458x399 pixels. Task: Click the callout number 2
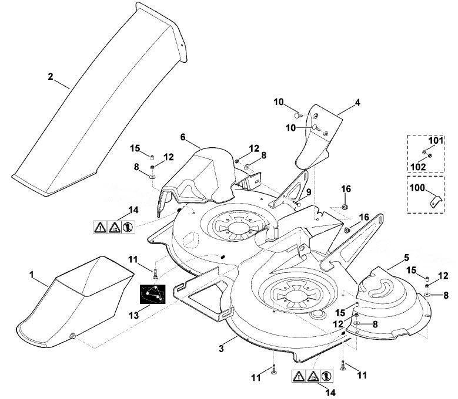click(51, 77)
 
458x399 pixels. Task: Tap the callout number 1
click(32, 275)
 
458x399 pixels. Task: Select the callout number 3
click(222, 349)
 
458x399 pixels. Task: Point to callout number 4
click(357, 103)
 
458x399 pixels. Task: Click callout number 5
click(406, 258)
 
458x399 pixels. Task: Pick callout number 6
click(183, 137)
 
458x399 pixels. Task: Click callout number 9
click(309, 192)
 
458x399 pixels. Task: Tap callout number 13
click(134, 316)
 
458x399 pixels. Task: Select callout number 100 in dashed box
click(417, 188)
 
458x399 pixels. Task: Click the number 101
click(436, 140)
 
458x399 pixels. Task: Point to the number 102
click(418, 167)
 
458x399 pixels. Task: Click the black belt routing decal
click(152, 294)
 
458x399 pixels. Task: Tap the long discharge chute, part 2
click(99, 99)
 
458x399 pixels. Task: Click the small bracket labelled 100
click(435, 201)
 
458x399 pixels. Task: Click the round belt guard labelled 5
click(392, 303)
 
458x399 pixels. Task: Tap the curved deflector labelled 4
click(317, 140)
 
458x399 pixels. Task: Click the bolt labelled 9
click(296, 204)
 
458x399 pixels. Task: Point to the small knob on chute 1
click(72, 336)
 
